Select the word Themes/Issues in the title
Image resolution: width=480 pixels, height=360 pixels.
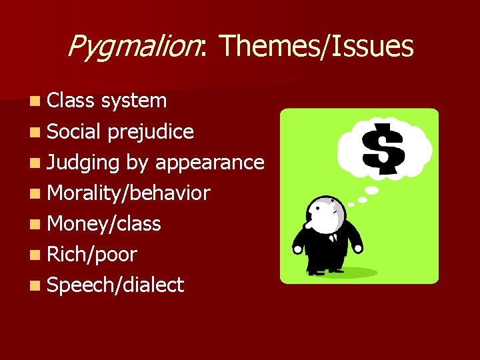316,47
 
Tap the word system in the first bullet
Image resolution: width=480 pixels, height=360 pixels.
134,101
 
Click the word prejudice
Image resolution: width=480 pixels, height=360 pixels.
151,131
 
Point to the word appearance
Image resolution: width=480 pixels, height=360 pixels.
209,162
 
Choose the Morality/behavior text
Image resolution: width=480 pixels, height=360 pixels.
129,193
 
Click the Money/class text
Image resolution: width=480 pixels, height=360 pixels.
105,224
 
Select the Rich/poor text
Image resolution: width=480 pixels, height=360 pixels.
93,254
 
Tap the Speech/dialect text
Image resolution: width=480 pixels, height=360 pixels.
116,285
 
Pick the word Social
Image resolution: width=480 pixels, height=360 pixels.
75,131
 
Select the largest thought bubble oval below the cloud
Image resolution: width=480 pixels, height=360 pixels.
371,190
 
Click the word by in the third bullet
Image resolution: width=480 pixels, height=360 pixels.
137,162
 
